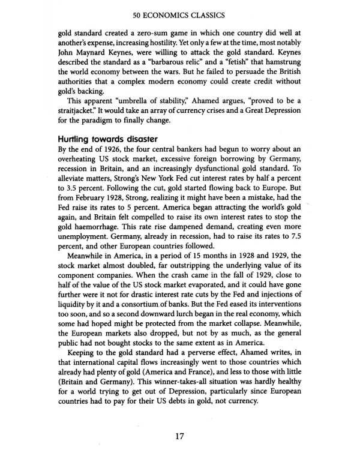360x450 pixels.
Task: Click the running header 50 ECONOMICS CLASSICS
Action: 179,11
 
